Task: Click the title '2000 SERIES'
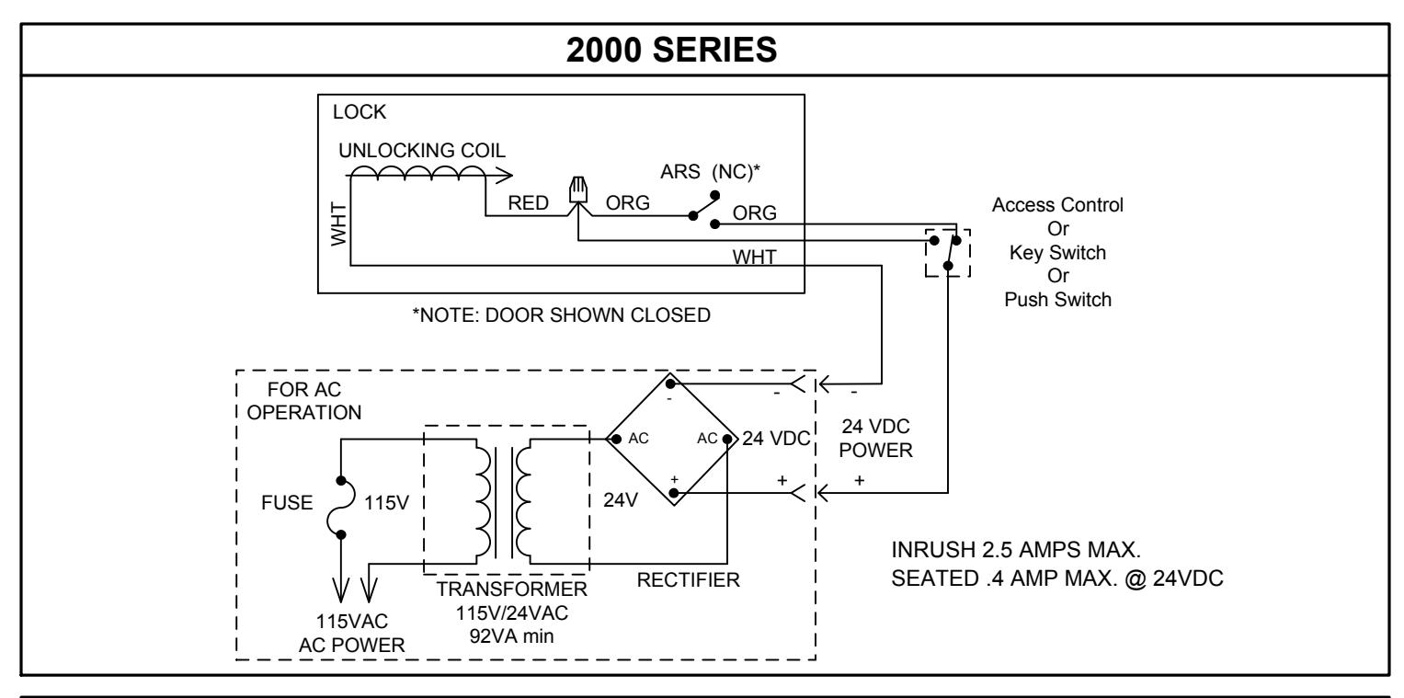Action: (x=671, y=51)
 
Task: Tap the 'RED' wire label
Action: (x=528, y=203)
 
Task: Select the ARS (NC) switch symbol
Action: (x=704, y=210)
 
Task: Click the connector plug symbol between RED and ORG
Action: (x=578, y=190)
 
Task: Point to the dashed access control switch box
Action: (x=948, y=253)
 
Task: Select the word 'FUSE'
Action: (x=287, y=503)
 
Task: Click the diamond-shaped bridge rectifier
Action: (x=671, y=439)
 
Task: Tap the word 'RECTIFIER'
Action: (x=689, y=580)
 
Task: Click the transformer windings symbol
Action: (x=503, y=502)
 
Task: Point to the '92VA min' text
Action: (x=511, y=636)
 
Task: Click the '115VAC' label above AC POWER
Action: (x=351, y=622)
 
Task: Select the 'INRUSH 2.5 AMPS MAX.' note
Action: (x=1016, y=550)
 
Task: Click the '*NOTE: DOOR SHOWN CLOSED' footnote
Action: (x=561, y=315)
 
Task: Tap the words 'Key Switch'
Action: (x=1057, y=253)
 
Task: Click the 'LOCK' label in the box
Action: (x=360, y=112)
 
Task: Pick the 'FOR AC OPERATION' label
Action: (x=304, y=401)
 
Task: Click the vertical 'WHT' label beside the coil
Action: (x=338, y=224)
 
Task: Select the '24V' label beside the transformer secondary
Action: (x=621, y=500)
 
